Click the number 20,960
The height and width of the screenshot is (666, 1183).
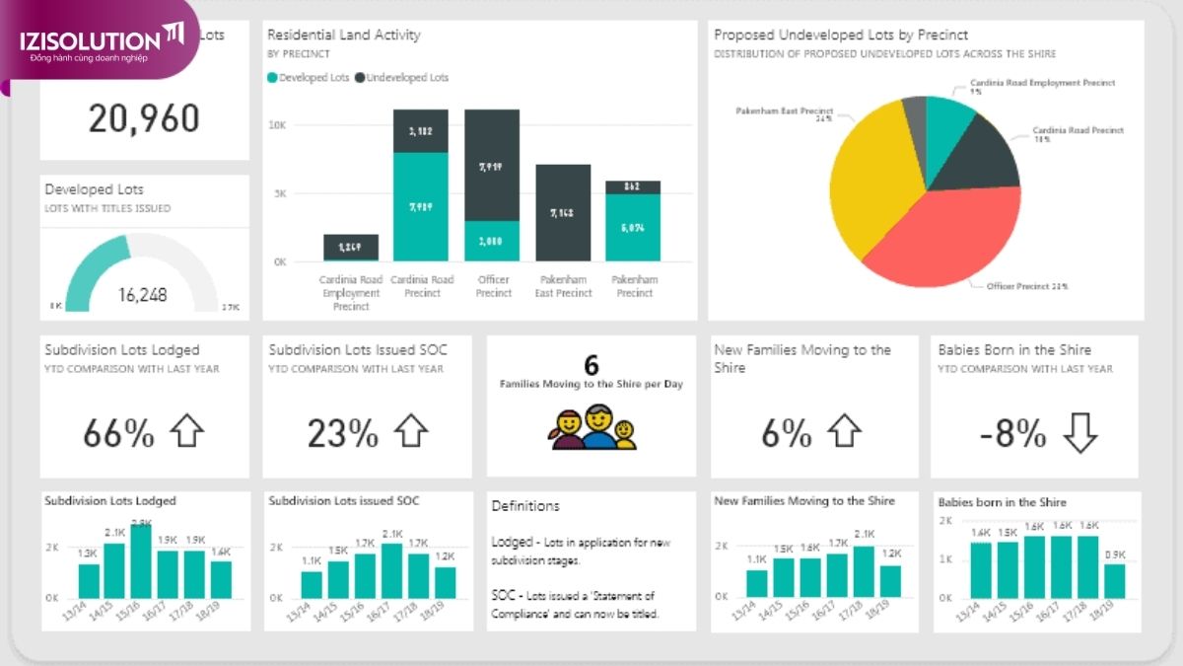coord(144,118)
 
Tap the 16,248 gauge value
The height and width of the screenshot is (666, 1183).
coord(143,294)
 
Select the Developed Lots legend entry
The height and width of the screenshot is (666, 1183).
coord(309,77)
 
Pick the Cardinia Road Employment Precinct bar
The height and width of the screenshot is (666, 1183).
coord(351,248)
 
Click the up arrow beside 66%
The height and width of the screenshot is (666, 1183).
coord(186,431)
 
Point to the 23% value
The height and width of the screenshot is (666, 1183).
coord(342,432)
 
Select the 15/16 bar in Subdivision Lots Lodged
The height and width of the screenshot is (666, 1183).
coord(141,561)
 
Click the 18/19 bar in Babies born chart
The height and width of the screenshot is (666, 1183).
coord(1114,581)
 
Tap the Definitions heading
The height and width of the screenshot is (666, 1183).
coord(525,506)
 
